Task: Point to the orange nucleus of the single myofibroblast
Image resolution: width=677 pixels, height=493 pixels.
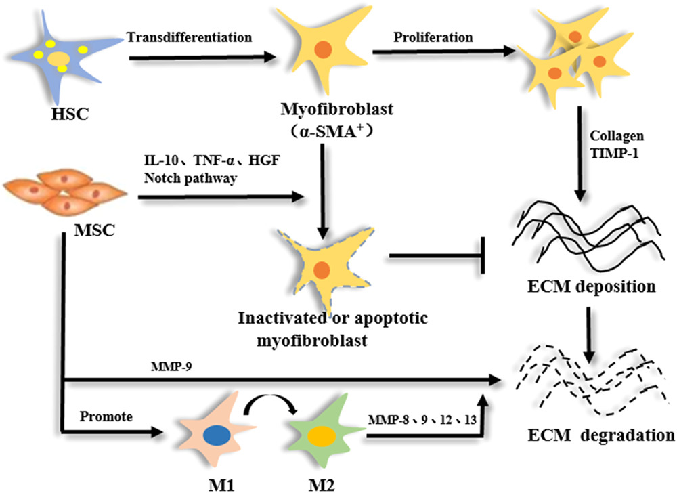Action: coord(323,49)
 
